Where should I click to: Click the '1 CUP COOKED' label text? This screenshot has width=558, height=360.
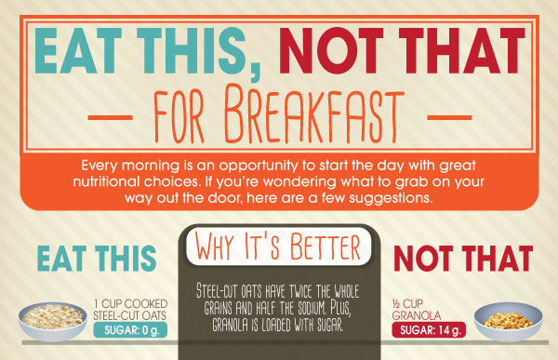pyautogui.click(x=130, y=302)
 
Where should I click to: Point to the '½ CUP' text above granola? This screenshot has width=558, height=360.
pyautogui.click(x=414, y=302)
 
